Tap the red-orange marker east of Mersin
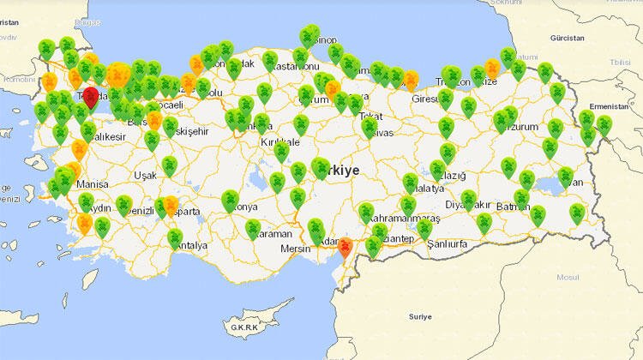pyautogui.click(x=345, y=248)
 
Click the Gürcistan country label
pyautogui.click(x=567, y=39)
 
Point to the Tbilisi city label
pyautogui.click(x=620, y=63)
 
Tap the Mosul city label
pyautogui.click(x=568, y=278)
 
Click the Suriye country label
pyautogui.click(x=420, y=316)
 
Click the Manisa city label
pyautogui.click(x=92, y=184)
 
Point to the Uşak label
pyautogui.click(x=145, y=175)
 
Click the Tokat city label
pyautogui.click(x=371, y=116)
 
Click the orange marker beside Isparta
pyautogui.click(x=171, y=206)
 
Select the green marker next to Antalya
pyautogui.click(x=175, y=236)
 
